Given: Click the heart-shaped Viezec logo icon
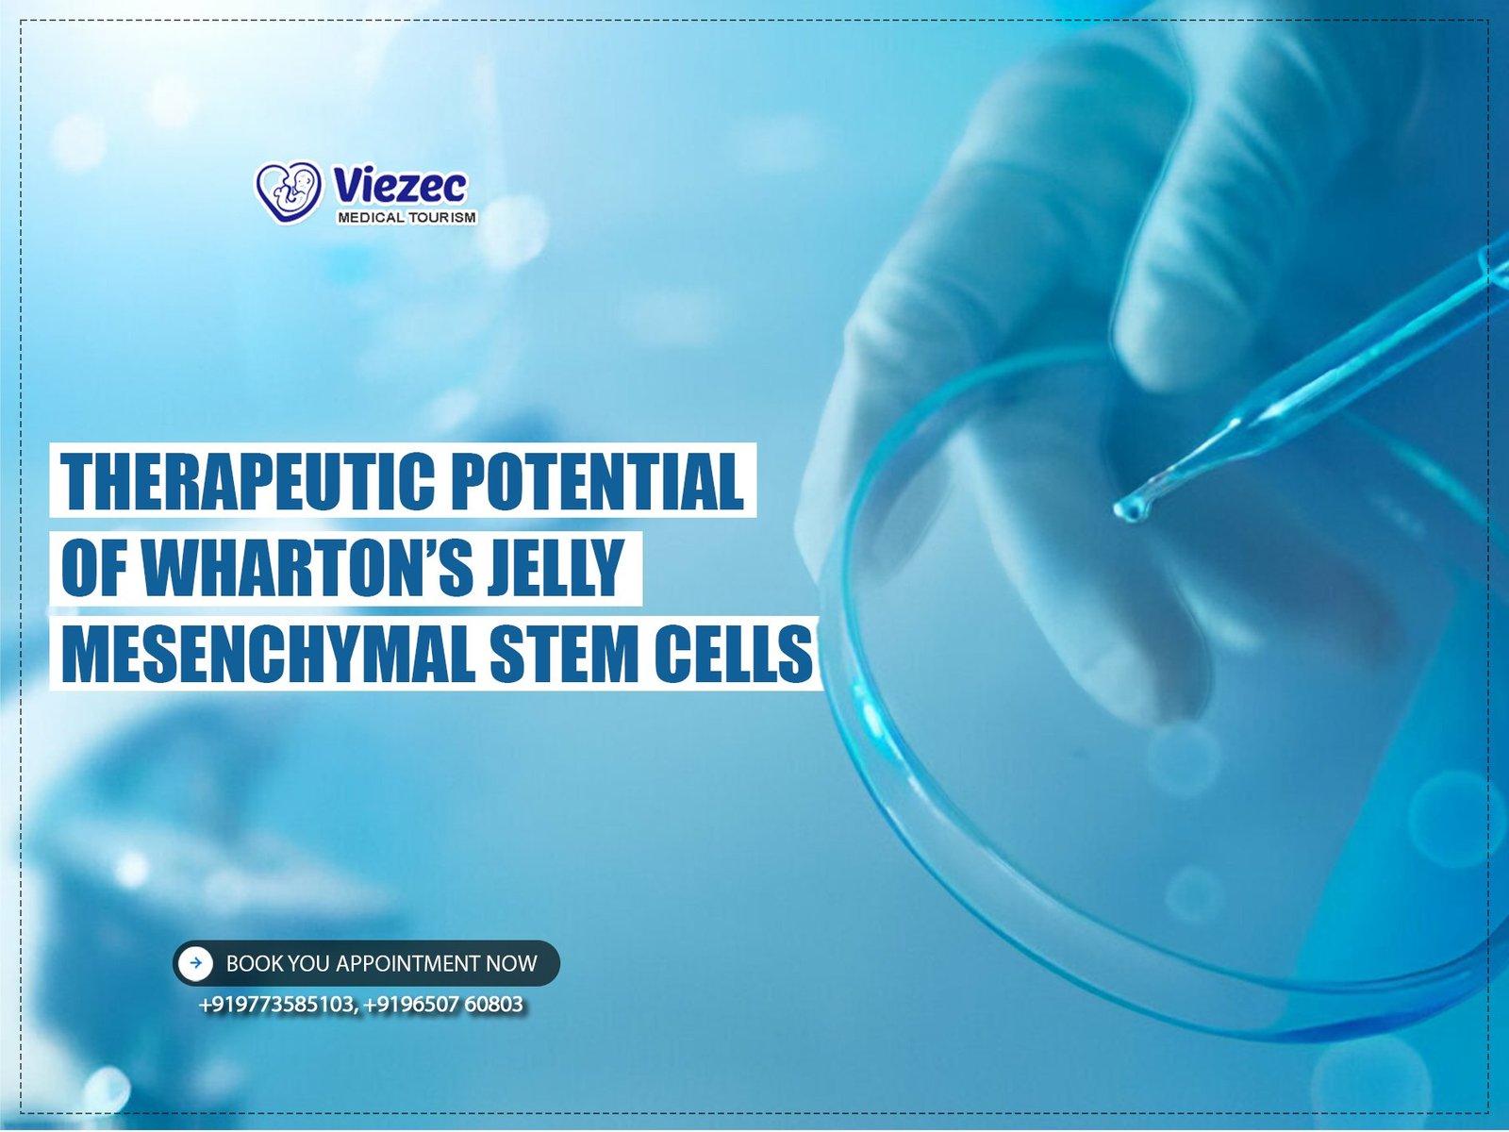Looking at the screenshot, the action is (289, 192).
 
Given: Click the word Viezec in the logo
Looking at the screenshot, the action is (400, 186).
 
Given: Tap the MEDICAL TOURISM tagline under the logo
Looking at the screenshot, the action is (406, 218).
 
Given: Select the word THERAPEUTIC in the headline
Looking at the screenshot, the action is (247, 480).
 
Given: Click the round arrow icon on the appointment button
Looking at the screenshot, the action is (196, 963).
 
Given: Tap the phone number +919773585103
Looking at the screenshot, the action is (277, 1005).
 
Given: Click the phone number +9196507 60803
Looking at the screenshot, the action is (443, 1005).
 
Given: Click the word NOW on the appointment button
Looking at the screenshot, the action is (511, 963).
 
